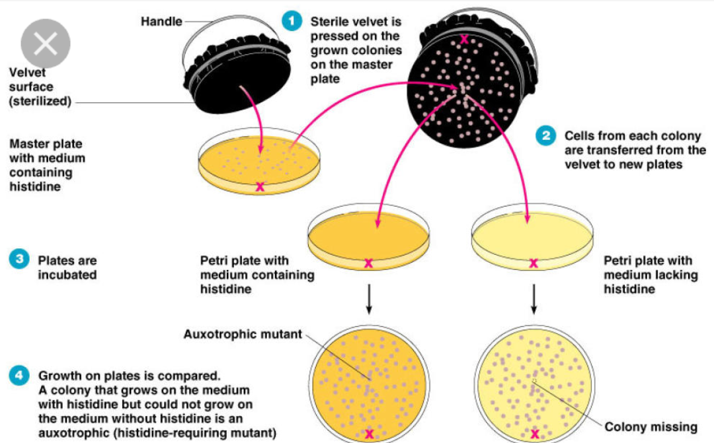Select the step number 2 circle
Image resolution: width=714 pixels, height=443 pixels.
(546, 136)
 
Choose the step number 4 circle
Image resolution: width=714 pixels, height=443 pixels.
(20, 376)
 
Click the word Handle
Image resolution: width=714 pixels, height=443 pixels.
(161, 22)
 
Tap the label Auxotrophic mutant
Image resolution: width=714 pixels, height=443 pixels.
(243, 334)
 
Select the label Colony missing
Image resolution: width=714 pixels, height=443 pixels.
(651, 427)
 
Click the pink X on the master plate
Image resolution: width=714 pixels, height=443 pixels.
(260, 187)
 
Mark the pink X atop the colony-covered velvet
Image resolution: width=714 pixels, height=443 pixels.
(465, 39)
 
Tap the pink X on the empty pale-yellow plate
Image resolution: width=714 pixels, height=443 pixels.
(534, 263)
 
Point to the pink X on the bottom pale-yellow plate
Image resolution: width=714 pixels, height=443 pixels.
(534, 434)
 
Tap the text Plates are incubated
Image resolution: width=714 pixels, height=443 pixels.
(67, 267)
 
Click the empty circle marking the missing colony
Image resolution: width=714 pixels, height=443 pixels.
(534, 381)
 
